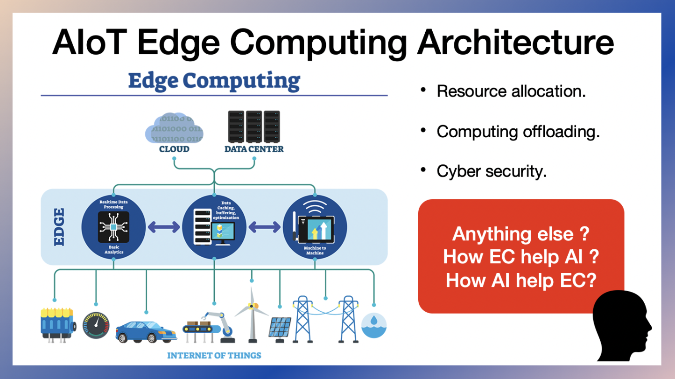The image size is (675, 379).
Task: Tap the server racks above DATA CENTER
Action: (x=253, y=126)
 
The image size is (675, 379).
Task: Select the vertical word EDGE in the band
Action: (x=59, y=227)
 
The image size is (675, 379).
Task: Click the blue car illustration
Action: (x=145, y=331)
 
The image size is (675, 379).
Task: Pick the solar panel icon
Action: (x=280, y=328)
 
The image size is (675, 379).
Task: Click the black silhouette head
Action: (x=622, y=327)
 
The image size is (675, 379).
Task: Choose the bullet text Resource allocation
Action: (x=511, y=91)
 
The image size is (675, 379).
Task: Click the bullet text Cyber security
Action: (x=492, y=172)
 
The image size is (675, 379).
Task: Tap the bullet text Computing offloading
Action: (x=518, y=132)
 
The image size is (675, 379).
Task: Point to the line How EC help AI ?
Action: (x=521, y=257)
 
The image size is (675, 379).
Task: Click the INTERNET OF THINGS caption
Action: (x=214, y=356)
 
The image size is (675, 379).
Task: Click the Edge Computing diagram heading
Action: (x=214, y=81)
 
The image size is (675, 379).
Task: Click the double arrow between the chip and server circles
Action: (x=164, y=227)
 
